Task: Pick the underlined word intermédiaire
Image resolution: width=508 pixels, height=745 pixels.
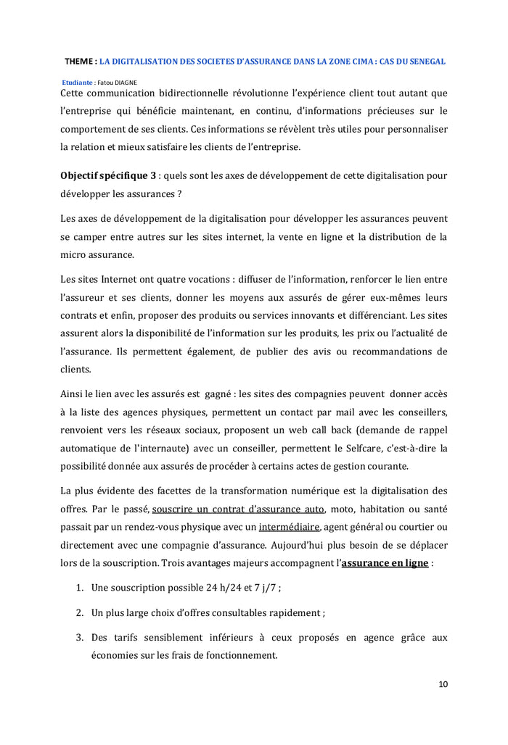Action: click(x=289, y=527)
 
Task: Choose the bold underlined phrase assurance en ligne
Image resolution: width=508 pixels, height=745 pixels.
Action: click(x=385, y=563)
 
